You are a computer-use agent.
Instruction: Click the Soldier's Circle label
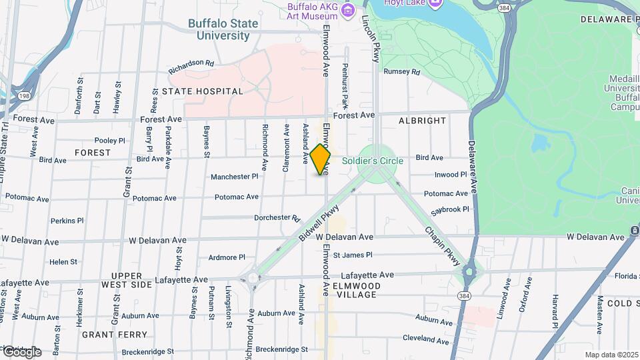pyautogui.click(x=373, y=161)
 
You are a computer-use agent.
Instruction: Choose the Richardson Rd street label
pyautogui.click(x=191, y=67)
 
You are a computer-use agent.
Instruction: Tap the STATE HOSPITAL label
pyautogui.click(x=203, y=91)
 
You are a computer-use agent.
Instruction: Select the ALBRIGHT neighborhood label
pyautogui.click(x=422, y=121)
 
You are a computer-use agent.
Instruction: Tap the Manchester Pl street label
pyautogui.click(x=234, y=177)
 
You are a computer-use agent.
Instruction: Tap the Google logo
pyautogui.click(x=22, y=351)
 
